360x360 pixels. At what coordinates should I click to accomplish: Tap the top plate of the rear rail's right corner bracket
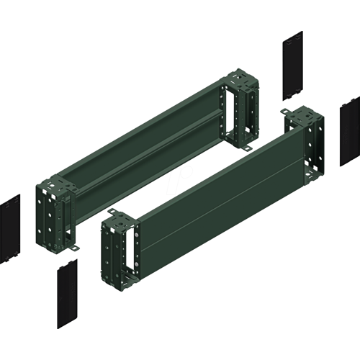click(243, 79)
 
